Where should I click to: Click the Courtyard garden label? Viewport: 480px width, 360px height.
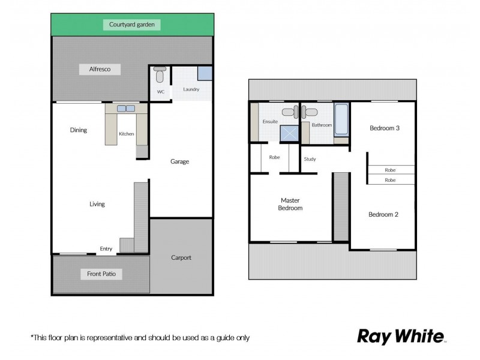[x=132, y=25]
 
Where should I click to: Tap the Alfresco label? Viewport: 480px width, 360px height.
[x=99, y=70]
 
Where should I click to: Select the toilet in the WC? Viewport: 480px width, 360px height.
[x=160, y=75]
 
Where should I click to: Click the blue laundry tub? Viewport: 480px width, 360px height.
[x=205, y=73]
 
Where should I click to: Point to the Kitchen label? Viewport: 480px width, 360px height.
[x=126, y=134]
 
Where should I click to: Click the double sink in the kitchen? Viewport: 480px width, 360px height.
[x=126, y=109]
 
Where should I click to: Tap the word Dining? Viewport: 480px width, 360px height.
[x=79, y=130]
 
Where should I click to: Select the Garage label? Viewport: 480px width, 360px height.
[x=180, y=161]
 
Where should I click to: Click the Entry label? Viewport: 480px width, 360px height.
[x=106, y=249]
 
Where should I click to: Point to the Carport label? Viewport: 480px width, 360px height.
[x=181, y=257]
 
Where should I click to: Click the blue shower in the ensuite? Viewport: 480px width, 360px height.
[x=289, y=133]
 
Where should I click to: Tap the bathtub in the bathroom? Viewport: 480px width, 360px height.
[x=341, y=119]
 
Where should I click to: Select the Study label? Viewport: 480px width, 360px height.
[x=310, y=159]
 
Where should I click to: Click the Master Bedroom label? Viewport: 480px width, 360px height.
[x=290, y=204]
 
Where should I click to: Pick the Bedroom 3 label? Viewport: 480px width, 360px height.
[x=384, y=128]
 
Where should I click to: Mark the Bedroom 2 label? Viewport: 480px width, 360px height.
[x=383, y=214]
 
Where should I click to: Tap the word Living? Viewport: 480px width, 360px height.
[x=97, y=204]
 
